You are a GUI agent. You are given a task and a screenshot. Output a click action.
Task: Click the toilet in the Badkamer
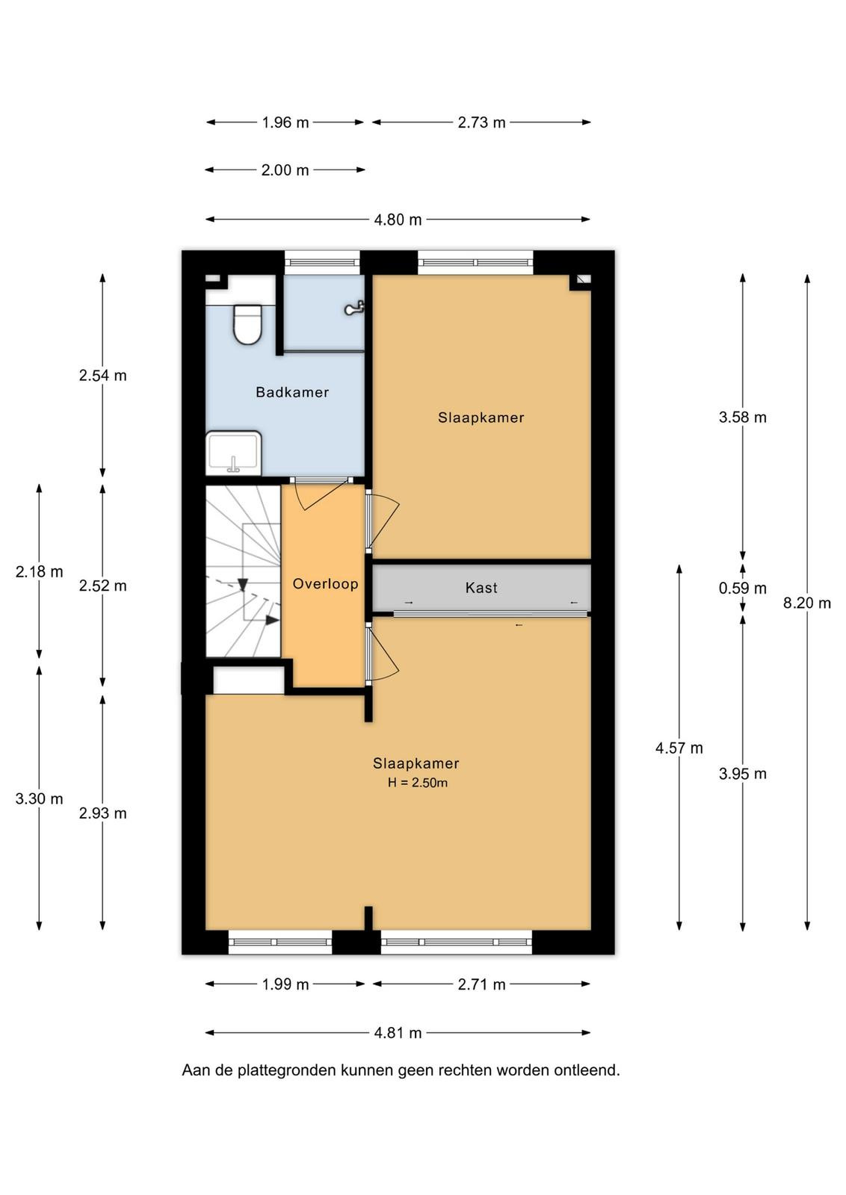247,324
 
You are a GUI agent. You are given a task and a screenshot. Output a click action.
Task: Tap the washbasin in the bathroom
234,453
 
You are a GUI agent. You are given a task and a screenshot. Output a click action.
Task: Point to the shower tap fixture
354,308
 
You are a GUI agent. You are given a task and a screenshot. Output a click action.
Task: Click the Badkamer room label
292,392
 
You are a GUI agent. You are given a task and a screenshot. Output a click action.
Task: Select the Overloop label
325,583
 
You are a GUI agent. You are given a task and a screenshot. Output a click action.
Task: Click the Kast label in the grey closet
481,588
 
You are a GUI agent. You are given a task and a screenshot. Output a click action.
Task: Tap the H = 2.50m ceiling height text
418,783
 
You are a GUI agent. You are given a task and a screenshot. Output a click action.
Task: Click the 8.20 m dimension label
806,603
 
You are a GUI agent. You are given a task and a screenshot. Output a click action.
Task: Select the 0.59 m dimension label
742,589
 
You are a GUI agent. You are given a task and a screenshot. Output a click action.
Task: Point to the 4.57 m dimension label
679,748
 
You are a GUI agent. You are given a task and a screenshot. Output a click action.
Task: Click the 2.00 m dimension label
285,170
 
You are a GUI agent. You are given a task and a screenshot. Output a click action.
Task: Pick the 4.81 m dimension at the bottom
398,1033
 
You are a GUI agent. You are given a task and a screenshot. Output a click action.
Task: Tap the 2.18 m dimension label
39,572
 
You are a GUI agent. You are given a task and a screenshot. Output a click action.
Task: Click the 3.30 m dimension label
39,798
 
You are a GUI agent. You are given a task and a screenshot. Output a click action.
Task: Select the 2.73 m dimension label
481,122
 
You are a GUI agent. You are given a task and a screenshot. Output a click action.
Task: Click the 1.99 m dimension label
285,984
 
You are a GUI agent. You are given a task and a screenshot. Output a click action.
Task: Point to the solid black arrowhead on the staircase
272,620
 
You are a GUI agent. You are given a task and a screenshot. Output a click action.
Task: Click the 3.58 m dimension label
742,418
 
